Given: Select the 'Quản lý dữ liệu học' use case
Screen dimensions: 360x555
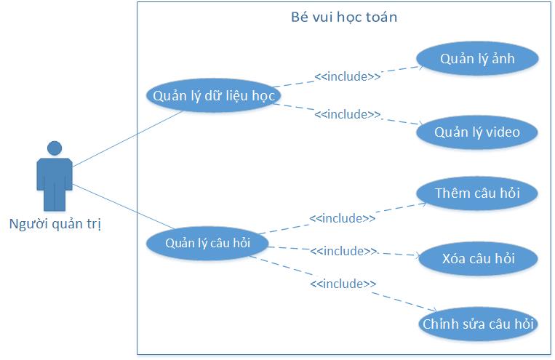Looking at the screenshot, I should [x=213, y=95].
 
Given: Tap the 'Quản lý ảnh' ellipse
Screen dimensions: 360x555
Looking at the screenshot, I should [x=477, y=60].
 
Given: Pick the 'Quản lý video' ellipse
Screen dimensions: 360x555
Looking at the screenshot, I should [x=477, y=132].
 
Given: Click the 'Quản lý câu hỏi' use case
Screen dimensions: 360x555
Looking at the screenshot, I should [x=207, y=243].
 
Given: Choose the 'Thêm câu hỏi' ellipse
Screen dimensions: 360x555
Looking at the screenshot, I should [x=477, y=193].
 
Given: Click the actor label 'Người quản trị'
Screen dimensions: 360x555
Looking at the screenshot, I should [x=55, y=223].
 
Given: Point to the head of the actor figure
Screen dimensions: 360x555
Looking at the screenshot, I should [x=55, y=148].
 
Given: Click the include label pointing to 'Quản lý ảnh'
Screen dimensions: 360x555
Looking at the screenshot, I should [x=347, y=76].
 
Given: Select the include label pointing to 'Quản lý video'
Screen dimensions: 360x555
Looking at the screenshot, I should [x=347, y=114].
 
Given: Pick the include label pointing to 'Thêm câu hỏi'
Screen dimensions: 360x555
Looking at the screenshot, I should [x=343, y=217].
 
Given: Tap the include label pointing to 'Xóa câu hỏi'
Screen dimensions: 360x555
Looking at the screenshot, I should [x=343, y=251].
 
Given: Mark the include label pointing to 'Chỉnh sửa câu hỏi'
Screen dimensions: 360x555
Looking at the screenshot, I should [x=343, y=284].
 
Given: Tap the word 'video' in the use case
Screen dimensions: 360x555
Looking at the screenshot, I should [x=499, y=132].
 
